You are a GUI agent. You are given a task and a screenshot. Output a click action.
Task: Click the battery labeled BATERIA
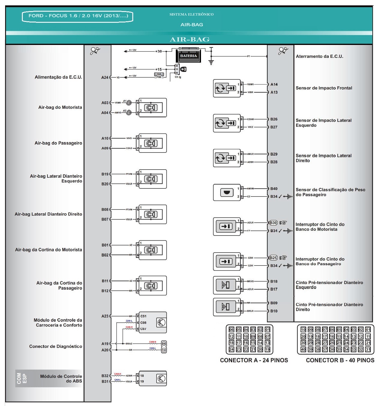click(x=188, y=56)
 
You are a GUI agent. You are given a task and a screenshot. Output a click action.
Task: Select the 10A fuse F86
click(x=159, y=76)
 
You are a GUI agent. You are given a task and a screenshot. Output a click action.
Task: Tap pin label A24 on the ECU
click(x=105, y=78)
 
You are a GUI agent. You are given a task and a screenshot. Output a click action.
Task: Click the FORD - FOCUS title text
click(x=78, y=16)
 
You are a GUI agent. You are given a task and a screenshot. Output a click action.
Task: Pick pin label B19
click(x=105, y=174)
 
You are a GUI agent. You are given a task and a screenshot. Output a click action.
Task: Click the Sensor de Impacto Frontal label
click(x=324, y=88)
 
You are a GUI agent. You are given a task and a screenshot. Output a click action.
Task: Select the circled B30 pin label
click(x=273, y=223)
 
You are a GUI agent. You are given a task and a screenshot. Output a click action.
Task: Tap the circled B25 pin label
click(x=273, y=258)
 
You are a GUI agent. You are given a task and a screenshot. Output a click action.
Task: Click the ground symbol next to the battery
click(x=211, y=62)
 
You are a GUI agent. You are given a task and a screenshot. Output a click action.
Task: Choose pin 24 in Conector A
click(x=231, y=349)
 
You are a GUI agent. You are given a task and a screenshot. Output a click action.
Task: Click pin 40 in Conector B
click(x=303, y=349)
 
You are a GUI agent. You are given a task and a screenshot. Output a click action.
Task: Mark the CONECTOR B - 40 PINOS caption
click(x=340, y=360)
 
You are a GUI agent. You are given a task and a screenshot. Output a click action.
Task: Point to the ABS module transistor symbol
click(x=161, y=379)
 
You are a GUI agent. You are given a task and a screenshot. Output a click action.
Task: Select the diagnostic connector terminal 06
click(x=164, y=344)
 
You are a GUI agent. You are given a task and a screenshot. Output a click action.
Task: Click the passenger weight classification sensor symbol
click(x=226, y=192)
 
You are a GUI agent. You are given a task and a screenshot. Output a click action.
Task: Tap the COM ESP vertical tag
click(x=22, y=378)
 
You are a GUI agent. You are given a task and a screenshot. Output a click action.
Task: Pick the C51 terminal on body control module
click(x=143, y=316)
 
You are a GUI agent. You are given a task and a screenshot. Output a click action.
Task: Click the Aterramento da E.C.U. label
click(x=319, y=56)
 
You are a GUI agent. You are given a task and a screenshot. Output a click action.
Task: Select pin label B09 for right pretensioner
click(x=274, y=303)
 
